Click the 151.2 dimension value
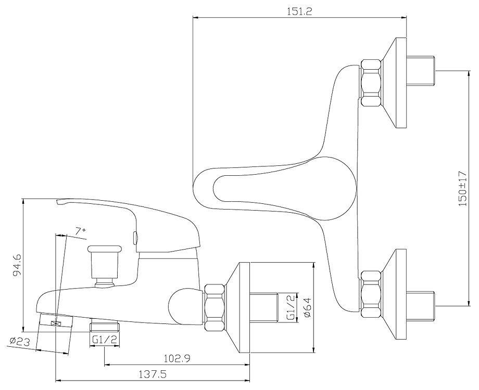tap(300, 11)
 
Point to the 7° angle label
tap(80, 230)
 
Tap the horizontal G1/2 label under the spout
tap(104, 340)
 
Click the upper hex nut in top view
tap(371, 83)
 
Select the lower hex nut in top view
tap(371, 292)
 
